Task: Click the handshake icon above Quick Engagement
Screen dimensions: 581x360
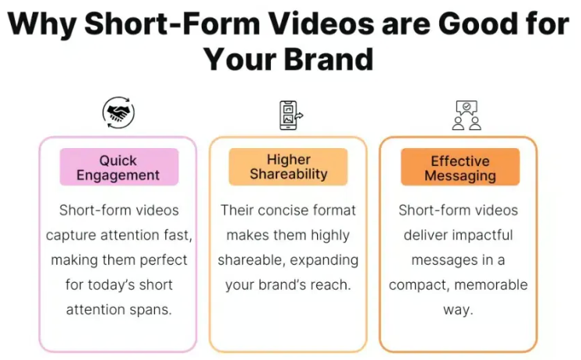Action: click(118, 113)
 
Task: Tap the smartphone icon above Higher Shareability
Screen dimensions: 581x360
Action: click(290, 115)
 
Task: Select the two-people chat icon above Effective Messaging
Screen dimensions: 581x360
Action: click(467, 115)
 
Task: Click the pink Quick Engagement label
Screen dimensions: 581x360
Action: click(119, 167)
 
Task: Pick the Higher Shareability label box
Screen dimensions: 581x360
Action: click(288, 167)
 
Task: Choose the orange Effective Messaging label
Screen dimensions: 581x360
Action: click(460, 167)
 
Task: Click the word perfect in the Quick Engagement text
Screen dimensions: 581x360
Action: click(164, 260)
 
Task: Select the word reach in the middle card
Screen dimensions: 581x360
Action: click(330, 284)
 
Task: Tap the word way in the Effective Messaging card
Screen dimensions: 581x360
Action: click(459, 310)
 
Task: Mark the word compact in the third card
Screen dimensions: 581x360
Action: click(420, 285)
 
